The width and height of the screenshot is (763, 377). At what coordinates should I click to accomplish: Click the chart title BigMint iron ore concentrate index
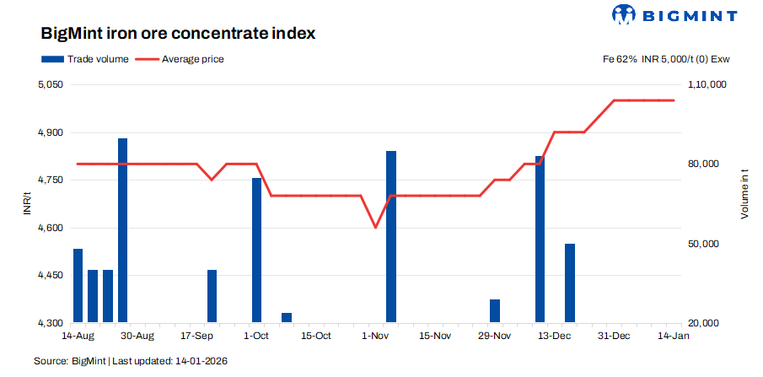(x=178, y=35)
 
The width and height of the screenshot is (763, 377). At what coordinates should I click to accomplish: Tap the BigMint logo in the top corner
(x=674, y=14)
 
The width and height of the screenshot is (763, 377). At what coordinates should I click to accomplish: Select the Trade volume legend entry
(x=85, y=59)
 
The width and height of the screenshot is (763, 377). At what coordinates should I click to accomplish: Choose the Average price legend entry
(x=181, y=59)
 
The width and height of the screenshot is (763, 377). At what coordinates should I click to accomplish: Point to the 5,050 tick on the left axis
(x=51, y=85)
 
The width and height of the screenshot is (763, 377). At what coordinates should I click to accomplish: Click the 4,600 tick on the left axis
(x=51, y=228)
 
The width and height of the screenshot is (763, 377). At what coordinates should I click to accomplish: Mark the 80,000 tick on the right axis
(x=707, y=164)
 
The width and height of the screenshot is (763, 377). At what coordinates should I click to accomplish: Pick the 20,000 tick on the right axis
(x=707, y=323)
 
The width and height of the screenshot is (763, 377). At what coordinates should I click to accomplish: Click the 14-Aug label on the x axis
(x=78, y=336)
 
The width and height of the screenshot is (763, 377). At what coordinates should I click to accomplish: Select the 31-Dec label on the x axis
(x=614, y=336)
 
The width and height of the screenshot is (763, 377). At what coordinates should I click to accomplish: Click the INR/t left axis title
(x=27, y=204)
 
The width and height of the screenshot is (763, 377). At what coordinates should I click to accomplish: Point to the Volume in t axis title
(x=744, y=195)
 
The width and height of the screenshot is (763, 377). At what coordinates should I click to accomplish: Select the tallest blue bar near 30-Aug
(x=122, y=229)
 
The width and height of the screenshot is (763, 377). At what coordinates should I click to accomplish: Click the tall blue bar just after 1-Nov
(x=390, y=236)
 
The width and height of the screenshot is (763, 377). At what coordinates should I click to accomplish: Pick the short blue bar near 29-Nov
(x=495, y=310)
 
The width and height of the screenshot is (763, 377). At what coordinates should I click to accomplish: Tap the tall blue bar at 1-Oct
(x=256, y=250)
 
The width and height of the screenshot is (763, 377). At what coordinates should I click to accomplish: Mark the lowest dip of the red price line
(x=375, y=227)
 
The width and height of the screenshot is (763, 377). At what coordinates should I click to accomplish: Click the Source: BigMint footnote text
(x=131, y=361)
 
